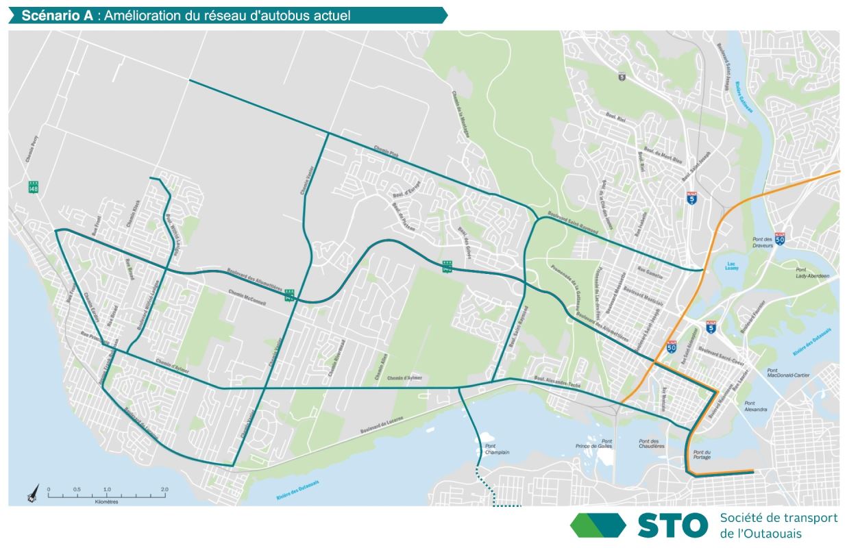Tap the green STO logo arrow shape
click(598, 525)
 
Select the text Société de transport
click(778, 518)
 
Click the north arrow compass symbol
click(32, 492)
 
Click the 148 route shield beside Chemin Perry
click(33, 186)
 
